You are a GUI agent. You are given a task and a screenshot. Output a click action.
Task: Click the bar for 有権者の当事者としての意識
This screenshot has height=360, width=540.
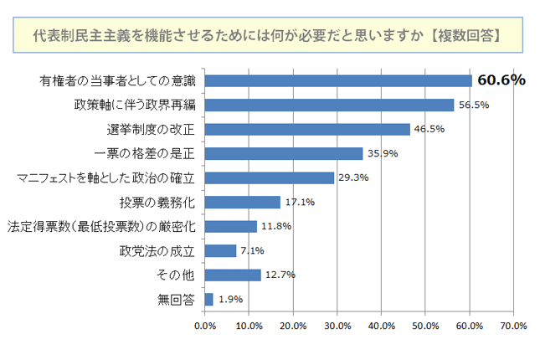click(338, 80)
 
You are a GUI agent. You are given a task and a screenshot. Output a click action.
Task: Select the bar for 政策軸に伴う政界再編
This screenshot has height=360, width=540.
click(329, 105)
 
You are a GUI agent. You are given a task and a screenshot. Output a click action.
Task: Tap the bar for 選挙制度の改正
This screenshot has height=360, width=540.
click(307, 129)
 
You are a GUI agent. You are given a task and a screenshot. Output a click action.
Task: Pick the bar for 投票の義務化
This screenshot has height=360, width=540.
click(242, 202)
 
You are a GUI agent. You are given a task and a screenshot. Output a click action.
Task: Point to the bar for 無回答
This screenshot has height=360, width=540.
click(208, 299)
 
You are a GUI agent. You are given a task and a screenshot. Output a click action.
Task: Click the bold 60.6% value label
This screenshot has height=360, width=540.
click(501, 80)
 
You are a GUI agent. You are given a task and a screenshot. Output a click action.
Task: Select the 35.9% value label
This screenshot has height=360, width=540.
click(381, 153)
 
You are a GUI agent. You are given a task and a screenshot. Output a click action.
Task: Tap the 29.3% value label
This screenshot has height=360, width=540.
click(352, 177)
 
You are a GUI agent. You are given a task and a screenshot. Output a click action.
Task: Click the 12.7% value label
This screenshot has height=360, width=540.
click(279, 275)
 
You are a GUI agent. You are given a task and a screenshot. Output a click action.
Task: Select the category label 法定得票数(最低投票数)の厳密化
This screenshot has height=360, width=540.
click(101, 226)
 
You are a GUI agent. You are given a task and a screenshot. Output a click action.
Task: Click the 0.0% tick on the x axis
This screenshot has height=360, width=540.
click(204, 326)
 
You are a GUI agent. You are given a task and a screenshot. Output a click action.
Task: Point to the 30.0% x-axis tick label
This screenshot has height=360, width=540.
click(337, 326)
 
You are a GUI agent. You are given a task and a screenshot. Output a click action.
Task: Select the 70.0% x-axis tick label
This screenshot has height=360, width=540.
click(513, 326)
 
